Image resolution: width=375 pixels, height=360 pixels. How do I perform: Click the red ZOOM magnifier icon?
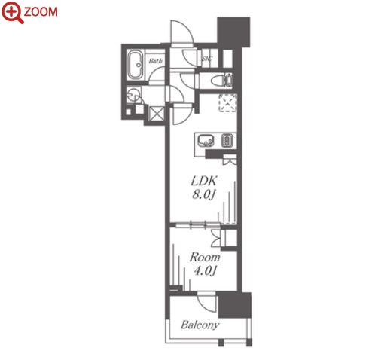coord(13,12)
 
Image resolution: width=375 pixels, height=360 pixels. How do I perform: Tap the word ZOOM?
coord(41,12)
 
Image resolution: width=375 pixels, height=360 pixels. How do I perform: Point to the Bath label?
coord(155,61)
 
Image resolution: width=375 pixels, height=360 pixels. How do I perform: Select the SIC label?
coord(207,59)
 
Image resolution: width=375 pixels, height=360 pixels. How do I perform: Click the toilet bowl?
coord(218,81)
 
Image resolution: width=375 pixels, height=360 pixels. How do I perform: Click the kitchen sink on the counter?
coord(206,141)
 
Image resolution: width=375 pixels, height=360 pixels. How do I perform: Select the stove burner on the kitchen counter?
coord(227,141)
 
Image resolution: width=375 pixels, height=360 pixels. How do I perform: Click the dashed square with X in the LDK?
coord(228,102)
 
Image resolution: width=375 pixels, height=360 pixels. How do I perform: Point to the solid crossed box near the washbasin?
coord(156,114)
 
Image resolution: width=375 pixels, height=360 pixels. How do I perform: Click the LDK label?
coord(203,181)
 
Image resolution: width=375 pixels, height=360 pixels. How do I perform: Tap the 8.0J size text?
coord(204,194)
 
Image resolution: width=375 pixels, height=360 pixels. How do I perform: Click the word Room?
coord(205,258)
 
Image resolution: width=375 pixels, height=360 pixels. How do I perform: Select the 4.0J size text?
coord(206,271)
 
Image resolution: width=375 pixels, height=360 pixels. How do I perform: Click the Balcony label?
coord(200,325)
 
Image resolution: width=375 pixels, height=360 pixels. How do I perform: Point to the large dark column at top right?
coord(233,32)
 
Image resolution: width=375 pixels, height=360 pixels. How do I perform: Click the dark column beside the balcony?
coord(235,305)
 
